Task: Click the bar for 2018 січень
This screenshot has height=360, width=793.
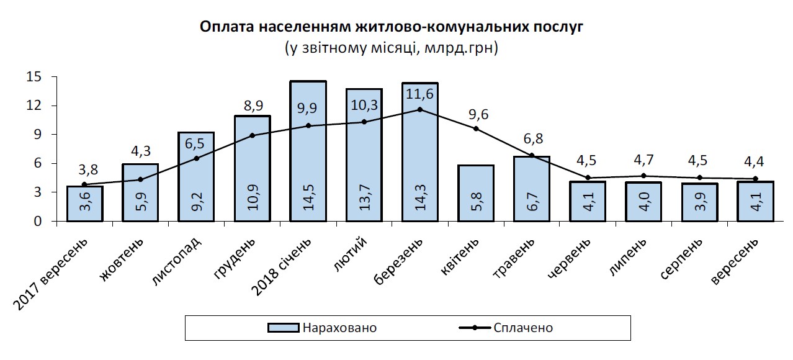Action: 308,151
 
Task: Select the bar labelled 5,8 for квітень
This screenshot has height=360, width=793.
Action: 476,193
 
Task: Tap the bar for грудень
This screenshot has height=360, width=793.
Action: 252,168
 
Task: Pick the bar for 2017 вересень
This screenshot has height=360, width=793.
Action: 84,204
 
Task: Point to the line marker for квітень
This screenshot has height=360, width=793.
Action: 476,128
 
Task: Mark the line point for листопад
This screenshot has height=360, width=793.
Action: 196,158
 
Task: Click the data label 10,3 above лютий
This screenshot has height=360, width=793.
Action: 364,106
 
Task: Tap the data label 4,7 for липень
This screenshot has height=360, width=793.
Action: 643,163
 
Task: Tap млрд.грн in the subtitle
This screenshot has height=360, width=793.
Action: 459,48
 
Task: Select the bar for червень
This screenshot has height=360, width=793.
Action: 588,201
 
